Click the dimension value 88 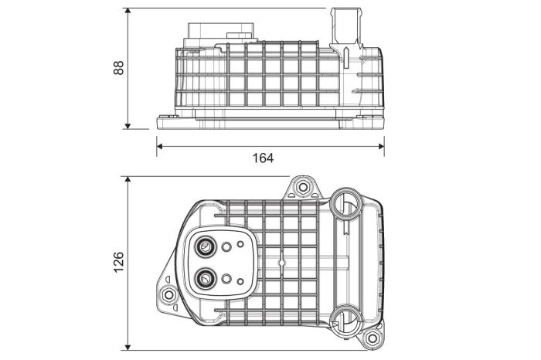(x=118, y=68)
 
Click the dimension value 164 (x=263, y=158)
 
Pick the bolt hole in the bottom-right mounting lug (x=373, y=338)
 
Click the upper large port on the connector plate (x=206, y=247)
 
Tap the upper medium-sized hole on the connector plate (x=227, y=248)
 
